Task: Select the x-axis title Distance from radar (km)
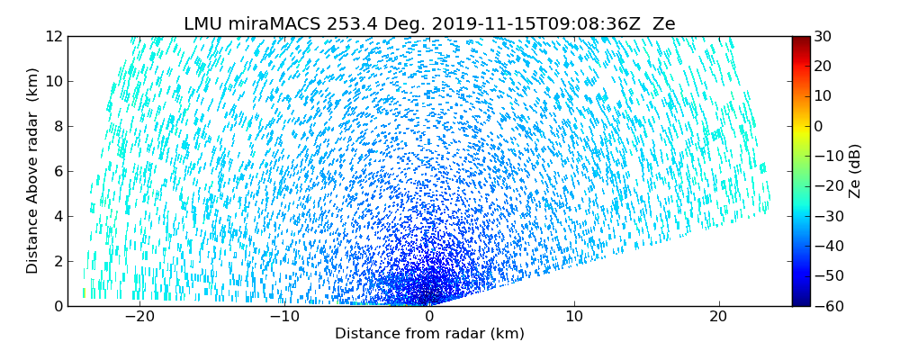[429, 334]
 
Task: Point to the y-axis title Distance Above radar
[32, 170]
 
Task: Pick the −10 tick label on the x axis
[284, 317]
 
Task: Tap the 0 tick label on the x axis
[429, 317]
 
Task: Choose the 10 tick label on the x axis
[574, 317]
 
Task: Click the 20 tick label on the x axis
[718, 317]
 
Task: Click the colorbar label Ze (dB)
[855, 170]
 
